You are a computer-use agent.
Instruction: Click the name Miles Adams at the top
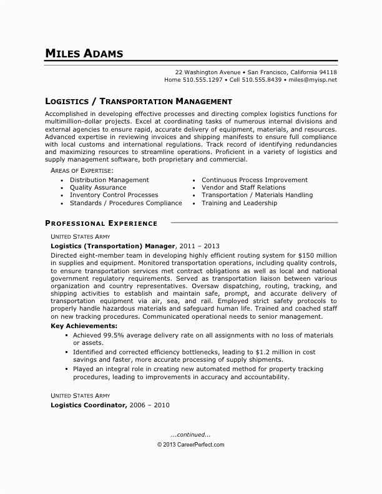coord(84,53)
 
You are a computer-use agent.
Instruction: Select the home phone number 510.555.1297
coord(202,80)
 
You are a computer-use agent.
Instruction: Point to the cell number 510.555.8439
coord(262,80)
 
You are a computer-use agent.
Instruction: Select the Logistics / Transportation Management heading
coord(139,100)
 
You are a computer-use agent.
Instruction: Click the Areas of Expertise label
coord(82,170)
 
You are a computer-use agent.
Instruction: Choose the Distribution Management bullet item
coord(109,180)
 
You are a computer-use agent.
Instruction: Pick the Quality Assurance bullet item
coord(97,187)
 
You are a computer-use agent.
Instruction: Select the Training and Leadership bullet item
coord(239,203)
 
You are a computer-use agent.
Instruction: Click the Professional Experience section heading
coord(101,223)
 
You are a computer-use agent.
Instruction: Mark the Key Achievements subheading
coord(83,326)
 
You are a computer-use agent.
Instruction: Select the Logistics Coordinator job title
coord(89,405)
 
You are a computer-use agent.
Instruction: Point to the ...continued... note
coord(190,434)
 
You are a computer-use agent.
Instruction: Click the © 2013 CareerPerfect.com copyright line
coord(190,445)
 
